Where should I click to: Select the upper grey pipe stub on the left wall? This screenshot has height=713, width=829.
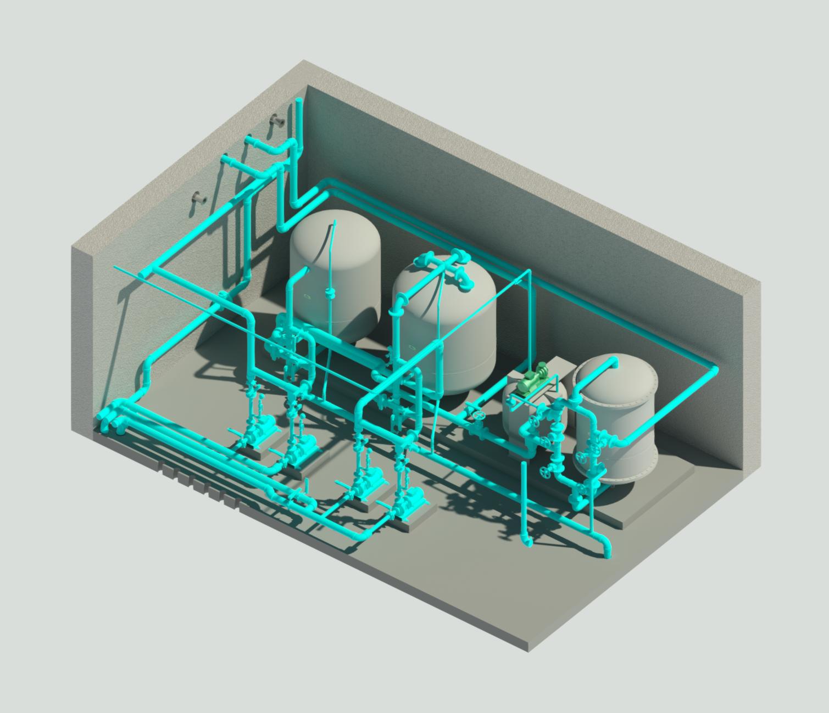(x=277, y=121)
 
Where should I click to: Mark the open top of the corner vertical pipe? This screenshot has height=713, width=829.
(x=298, y=101)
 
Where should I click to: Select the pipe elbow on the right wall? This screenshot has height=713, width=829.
(x=713, y=370)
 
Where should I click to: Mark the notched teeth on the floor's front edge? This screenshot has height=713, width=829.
(x=198, y=483)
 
